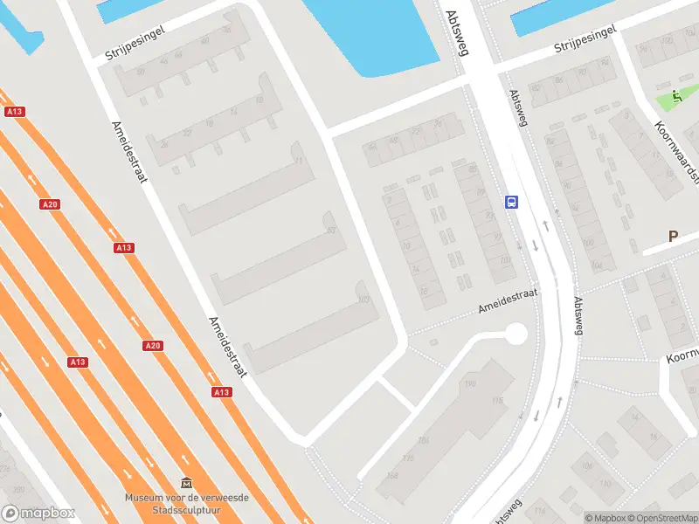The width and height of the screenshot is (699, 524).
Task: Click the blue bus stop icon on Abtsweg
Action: [x=511, y=203]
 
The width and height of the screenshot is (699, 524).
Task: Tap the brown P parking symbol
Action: [x=673, y=236]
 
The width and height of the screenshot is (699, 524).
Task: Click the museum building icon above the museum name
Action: [x=186, y=482]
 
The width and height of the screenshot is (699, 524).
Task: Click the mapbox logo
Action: [x=38, y=514]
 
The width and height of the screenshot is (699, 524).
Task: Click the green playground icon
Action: [x=676, y=98]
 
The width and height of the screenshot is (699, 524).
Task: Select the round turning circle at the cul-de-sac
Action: [x=516, y=334]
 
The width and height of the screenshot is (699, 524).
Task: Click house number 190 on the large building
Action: [x=470, y=384]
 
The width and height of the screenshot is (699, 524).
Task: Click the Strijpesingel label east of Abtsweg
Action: [x=585, y=39]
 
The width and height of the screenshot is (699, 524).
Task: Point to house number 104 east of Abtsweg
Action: [x=598, y=265]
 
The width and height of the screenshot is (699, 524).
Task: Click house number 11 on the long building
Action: [x=299, y=162]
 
